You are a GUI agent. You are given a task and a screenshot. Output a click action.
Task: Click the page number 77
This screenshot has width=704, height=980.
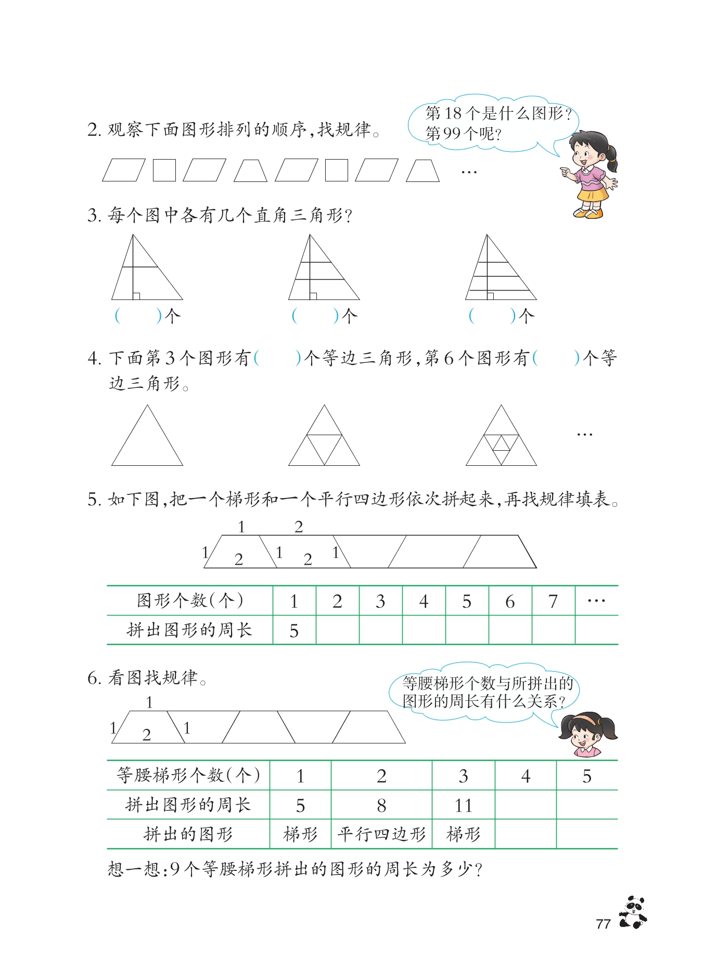603,924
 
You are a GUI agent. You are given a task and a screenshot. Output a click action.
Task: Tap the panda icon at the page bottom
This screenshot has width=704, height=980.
633,912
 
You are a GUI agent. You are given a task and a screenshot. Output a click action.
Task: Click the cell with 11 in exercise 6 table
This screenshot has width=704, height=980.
463,805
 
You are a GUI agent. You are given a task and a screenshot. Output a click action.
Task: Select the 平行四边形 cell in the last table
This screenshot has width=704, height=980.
381,834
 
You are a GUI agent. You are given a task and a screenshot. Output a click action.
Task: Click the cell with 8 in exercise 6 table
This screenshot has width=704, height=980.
381,805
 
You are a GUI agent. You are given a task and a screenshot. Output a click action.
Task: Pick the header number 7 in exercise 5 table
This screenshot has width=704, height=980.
553,602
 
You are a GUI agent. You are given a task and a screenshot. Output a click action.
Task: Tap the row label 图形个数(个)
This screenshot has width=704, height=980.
190,600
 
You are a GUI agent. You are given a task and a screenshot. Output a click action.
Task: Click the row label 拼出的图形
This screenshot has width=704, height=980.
188,834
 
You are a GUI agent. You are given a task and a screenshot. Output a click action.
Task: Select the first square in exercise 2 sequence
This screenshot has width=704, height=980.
164,170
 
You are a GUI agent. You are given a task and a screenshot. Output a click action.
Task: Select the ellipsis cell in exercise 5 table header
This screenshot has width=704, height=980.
596,602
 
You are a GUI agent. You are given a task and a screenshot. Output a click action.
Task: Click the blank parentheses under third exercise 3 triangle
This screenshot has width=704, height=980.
492,316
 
